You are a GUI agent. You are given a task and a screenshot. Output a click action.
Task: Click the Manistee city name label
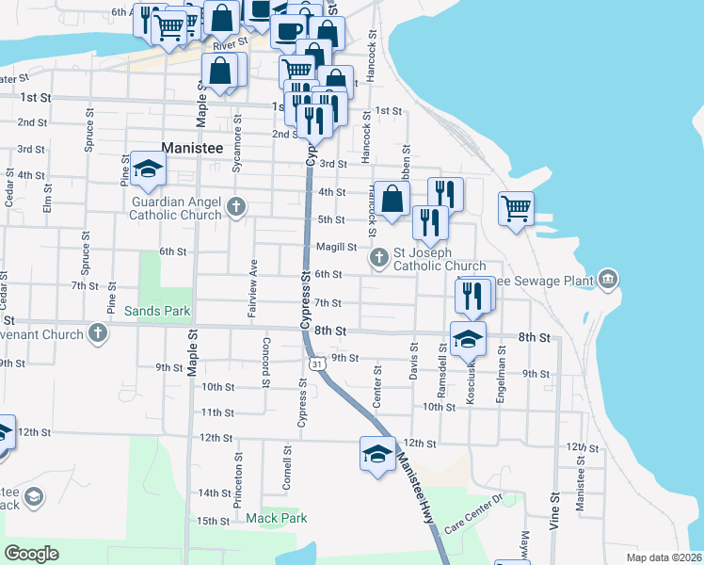[196, 149]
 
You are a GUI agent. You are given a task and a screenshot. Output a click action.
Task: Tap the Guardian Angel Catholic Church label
[176, 208]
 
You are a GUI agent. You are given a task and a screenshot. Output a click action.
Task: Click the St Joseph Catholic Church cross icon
[379, 258]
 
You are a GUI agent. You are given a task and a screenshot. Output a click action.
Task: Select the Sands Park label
[157, 311]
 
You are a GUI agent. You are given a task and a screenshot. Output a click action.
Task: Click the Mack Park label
[277, 518]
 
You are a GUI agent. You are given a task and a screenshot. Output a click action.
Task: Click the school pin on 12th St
[377, 454]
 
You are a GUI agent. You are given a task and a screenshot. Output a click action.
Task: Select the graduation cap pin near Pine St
[148, 169]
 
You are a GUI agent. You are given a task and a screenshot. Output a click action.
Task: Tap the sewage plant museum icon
[609, 280]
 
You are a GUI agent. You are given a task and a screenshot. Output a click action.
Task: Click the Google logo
[31, 553]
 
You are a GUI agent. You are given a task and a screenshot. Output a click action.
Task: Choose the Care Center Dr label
[475, 512]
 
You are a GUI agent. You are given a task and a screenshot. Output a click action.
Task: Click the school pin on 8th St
[468, 338]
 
